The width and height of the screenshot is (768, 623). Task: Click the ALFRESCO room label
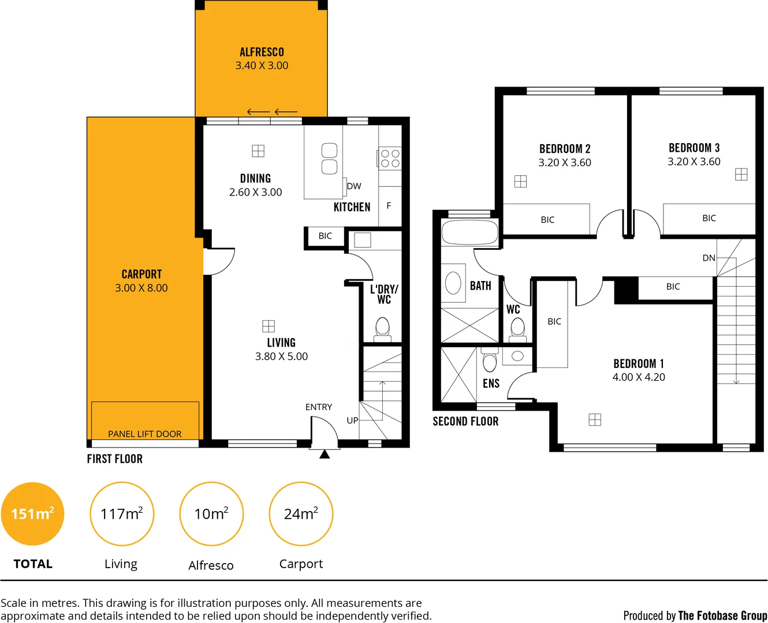(x=262, y=52)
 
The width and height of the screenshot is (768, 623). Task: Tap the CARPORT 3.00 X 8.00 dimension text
(x=141, y=288)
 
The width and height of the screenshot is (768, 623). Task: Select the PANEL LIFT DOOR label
(x=145, y=434)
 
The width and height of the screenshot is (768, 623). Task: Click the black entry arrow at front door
(x=325, y=455)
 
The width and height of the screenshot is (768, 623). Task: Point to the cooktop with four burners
(x=390, y=158)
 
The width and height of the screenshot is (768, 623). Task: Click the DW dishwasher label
(x=354, y=186)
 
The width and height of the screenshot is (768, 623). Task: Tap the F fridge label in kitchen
(x=389, y=205)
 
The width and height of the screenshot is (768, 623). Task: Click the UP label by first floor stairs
(x=352, y=421)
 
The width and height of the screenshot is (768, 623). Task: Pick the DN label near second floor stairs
(x=709, y=258)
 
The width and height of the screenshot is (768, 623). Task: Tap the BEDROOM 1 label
(x=639, y=363)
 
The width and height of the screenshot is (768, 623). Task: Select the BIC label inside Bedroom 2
(x=547, y=220)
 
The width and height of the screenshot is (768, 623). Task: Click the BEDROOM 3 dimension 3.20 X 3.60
(x=694, y=162)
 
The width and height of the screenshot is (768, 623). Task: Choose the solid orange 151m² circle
(x=32, y=514)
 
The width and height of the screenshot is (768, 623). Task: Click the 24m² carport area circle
(x=301, y=514)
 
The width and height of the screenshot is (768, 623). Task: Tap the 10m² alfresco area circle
(x=211, y=514)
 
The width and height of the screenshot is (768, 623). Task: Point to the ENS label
(x=491, y=384)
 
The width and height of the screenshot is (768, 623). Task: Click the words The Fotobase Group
(x=722, y=616)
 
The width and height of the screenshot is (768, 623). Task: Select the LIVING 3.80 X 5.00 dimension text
(x=281, y=356)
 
